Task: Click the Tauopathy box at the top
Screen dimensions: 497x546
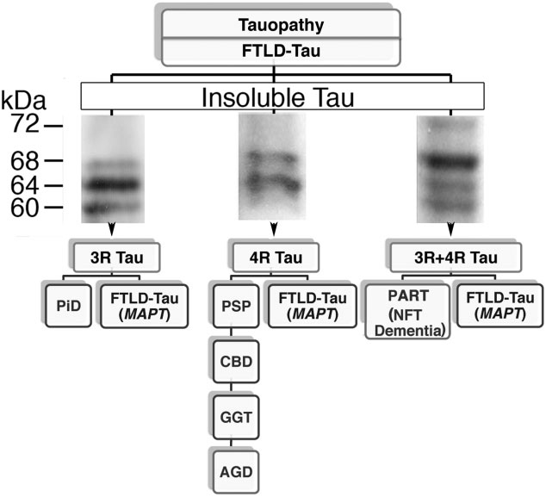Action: (280, 26)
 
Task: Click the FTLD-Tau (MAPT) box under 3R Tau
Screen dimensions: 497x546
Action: (136, 306)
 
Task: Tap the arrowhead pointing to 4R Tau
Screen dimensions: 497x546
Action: (274, 230)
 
